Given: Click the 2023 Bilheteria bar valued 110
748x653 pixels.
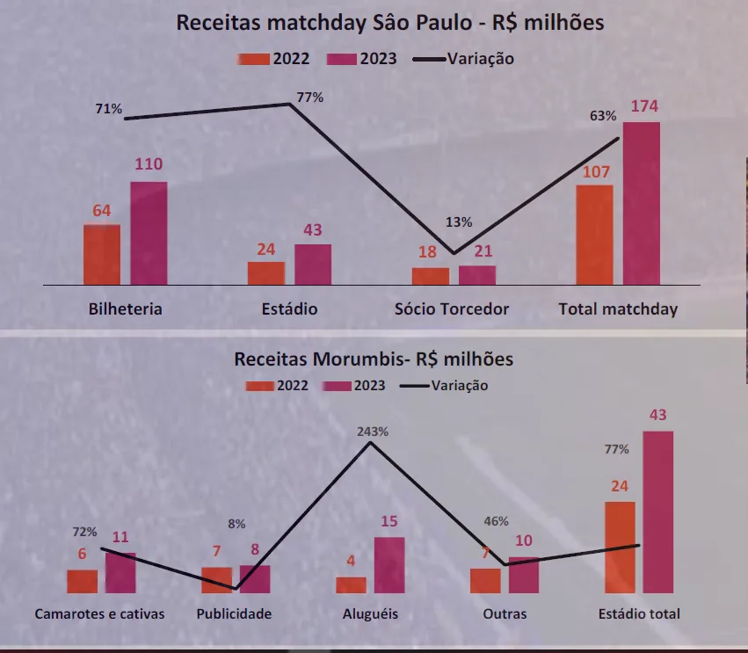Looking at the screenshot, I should (149, 233).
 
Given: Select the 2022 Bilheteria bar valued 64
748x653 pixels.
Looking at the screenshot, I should (102, 255).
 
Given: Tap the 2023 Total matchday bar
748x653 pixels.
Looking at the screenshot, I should (642, 203).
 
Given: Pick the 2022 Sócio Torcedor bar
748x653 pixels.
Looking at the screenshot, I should (431, 276).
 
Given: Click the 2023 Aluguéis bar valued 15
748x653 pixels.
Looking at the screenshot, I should (389, 565).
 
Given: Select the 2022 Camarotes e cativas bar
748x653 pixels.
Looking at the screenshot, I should (83, 581).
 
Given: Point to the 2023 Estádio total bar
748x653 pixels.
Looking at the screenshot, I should (657, 512).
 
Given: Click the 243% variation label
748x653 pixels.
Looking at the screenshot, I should (373, 432).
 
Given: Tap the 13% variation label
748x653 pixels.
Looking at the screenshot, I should (459, 222).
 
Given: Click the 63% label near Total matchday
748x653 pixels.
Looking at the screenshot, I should (603, 116).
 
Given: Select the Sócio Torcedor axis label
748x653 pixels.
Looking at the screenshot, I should (452, 309).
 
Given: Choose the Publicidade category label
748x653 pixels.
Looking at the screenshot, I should (234, 613).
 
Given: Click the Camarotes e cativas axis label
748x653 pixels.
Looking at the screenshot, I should (99, 613).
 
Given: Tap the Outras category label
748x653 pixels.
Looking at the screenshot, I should (505, 613).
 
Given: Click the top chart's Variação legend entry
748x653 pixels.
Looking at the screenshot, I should (480, 59).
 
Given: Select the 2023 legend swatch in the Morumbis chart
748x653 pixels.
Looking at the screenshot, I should (337, 386).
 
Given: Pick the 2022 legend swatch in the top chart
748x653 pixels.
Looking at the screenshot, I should (253, 59).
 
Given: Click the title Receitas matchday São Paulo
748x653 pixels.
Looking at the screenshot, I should (389, 23).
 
